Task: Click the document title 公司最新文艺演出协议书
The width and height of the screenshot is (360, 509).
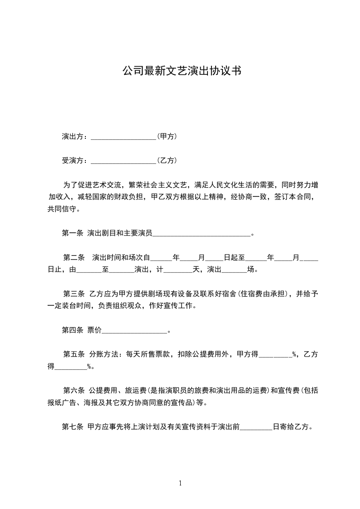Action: (x=181, y=71)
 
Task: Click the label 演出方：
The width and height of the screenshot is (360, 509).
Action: (x=76, y=136)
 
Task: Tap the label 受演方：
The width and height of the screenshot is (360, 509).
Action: (x=76, y=161)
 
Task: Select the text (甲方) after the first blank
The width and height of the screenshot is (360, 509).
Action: (x=167, y=136)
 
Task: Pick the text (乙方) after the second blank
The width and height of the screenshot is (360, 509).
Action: (x=167, y=161)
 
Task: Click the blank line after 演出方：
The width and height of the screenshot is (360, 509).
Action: (x=123, y=137)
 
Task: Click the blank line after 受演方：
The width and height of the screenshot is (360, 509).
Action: (x=123, y=162)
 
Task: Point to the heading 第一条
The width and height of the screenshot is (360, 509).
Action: (x=72, y=234)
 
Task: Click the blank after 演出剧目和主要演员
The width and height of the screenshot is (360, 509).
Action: (x=202, y=235)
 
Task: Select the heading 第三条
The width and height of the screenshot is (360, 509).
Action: (x=74, y=294)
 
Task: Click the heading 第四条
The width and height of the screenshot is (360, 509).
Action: (x=72, y=330)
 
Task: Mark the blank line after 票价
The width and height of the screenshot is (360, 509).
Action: (x=135, y=331)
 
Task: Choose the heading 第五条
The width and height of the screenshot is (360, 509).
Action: (x=74, y=354)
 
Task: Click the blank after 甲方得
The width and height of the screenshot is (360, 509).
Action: (x=275, y=355)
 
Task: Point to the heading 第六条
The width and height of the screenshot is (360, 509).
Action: (x=74, y=390)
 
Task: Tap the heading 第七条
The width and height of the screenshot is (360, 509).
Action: (x=72, y=426)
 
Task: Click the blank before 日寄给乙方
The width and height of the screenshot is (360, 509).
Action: (x=256, y=427)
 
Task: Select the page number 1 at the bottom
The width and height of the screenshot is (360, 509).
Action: (x=180, y=483)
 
